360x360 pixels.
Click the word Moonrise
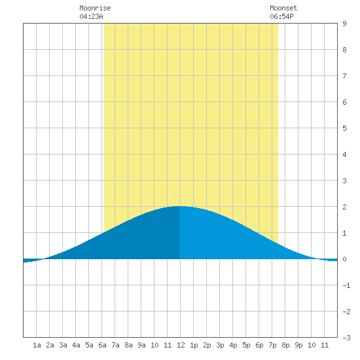(x=95, y=8)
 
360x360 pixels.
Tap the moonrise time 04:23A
(x=91, y=16)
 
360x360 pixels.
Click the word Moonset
(x=283, y=8)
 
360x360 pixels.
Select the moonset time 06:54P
(x=281, y=16)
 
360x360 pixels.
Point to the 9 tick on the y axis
(x=344, y=24)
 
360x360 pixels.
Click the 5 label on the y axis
(x=344, y=128)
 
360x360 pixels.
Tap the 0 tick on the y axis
(x=344, y=259)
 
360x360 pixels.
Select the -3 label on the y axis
(x=346, y=338)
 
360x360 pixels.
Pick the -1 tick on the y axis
(x=346, y=285)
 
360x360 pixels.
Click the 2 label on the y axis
(x=344, y=207)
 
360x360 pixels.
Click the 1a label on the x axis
(x=37, y=345)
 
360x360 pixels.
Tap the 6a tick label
(x=102, y=345)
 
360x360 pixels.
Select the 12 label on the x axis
(x=181, y=345)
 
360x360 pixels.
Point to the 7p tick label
(x=272, y=345)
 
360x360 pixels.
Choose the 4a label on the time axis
(x=76, y=345)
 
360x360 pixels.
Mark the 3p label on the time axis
(x=220, y=345)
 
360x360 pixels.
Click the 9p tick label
(x=298, y=345)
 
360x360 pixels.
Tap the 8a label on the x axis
(x=128, y=345)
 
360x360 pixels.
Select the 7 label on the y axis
(x=344, y=76)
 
